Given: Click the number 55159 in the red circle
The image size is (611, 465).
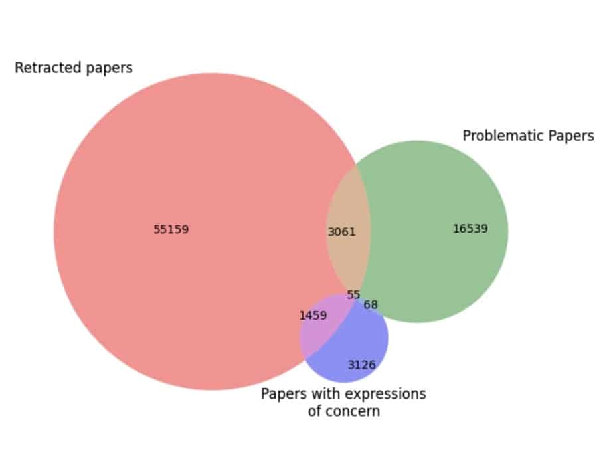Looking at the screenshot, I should [171, 230].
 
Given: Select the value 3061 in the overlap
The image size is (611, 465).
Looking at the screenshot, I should [342, 232].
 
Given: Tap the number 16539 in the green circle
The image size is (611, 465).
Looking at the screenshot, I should [470, 229].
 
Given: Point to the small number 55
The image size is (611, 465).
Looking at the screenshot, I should [353, 294].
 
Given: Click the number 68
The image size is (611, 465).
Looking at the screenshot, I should [371, 305].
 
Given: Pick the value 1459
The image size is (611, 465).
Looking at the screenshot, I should [313, 315].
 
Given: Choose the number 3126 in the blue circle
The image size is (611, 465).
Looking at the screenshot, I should [361, 365].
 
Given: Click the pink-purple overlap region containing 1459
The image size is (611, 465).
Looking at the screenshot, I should [317, 332].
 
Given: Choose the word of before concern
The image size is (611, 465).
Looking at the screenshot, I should [315, 411].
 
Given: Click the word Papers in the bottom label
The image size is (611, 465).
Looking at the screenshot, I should [282, 393].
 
